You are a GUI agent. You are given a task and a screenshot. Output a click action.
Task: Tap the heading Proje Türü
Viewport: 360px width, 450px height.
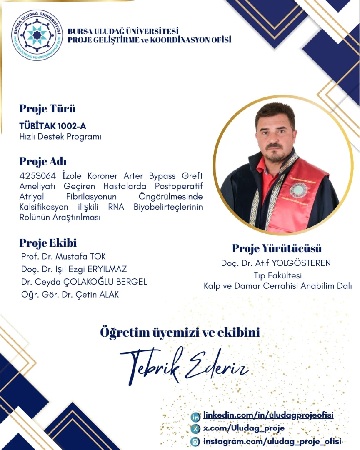[47, 109]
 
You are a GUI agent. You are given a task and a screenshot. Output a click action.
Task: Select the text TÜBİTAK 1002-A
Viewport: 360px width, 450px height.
[53, 126]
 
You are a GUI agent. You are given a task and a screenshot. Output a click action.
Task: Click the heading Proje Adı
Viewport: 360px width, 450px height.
[43, 161]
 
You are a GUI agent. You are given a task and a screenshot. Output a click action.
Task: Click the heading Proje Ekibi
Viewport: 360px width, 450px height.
[48, 243]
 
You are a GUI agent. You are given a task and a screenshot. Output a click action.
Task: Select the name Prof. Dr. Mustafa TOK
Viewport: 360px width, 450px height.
[63, 256]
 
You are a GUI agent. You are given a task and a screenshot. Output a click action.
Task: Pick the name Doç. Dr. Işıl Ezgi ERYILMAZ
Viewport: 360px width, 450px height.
[74, 269]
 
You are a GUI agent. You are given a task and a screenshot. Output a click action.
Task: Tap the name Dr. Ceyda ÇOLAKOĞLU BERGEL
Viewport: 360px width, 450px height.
[84, 282]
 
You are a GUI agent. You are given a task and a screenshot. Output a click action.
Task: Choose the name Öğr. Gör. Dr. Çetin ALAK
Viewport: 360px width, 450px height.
[70, 295]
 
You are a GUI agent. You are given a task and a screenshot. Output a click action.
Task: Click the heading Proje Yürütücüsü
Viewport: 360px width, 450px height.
[277, 248]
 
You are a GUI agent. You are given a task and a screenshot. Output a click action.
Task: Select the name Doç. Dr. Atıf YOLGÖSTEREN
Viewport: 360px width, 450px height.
[276, 263]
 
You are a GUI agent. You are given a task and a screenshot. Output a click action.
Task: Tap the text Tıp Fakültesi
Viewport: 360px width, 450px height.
[277, 275]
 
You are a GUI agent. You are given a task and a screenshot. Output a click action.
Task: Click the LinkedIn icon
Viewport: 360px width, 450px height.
[195, 416]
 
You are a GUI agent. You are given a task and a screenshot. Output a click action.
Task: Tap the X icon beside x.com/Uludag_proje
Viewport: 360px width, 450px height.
[195, 429]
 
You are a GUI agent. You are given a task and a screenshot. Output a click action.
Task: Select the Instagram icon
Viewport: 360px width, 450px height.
[195, 441]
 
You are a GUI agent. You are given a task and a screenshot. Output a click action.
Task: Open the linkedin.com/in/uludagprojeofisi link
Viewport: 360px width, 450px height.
[268, 415]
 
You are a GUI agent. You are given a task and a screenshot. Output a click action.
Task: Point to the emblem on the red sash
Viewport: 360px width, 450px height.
[298, 190]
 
